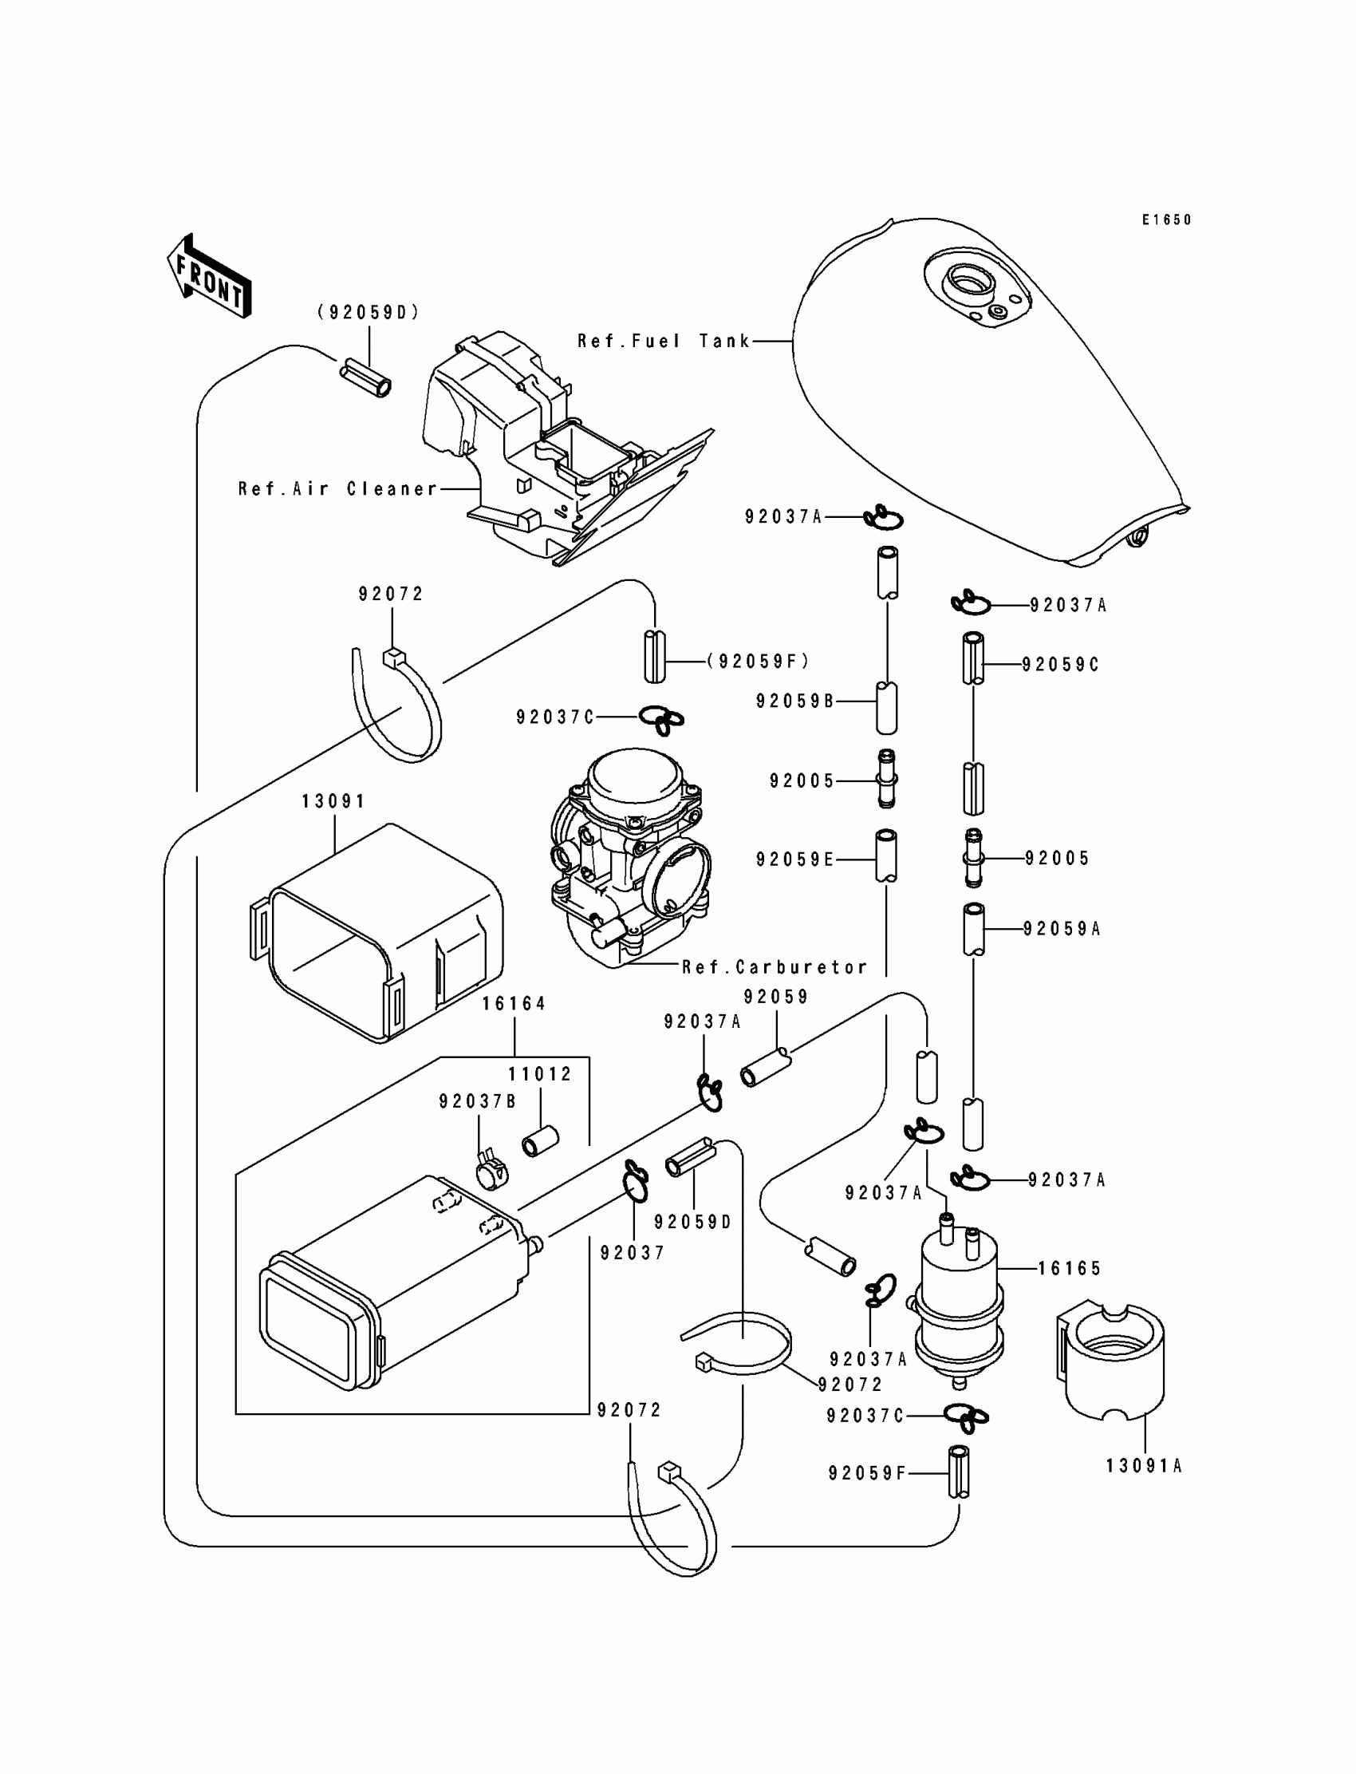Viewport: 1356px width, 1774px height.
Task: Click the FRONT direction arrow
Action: click(x=209, y=277)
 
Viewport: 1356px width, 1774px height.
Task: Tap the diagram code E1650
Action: click(x=1165, y=219)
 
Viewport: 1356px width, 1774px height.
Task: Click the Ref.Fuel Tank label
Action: click(x=664, y=342)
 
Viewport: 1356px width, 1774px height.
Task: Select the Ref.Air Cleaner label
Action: click(x=337, y=489)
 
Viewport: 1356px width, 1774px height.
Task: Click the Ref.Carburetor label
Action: click(x=774, y=967)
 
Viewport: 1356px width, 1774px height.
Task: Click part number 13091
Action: click(x=333, y=801)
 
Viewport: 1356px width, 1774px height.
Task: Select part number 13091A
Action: click(x=1144, y=1465)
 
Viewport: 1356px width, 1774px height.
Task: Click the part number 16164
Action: click(x=514, y=1004)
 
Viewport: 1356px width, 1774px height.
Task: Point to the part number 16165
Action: click(x=1069, y=1269)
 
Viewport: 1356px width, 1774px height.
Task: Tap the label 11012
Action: click(x=540, y=1074)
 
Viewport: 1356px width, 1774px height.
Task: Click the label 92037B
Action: click(x=477, y=1101)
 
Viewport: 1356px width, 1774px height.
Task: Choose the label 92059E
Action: click(x=794, y=860)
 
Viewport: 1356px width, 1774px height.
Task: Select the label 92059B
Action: click(x=794, y=701)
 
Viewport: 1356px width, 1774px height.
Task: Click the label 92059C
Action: click(x=1060, y=665)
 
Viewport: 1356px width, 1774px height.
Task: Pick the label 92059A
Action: click(x=1062, y=930)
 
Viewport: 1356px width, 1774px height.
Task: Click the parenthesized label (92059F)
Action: click(x=758, y=662)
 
